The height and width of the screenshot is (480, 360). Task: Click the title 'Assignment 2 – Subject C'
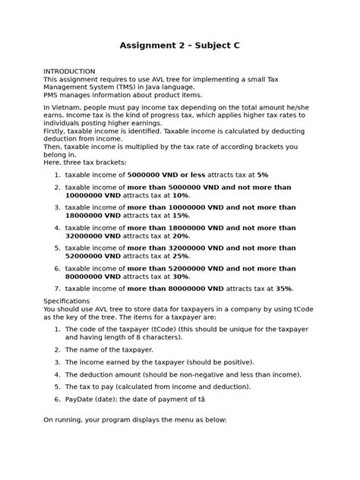click(180, 46)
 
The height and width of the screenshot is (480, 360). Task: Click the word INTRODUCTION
click(69, 71)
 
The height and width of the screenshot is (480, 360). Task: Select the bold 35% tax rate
click(283, 289)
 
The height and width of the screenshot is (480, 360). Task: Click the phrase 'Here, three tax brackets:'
click(85, 162)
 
